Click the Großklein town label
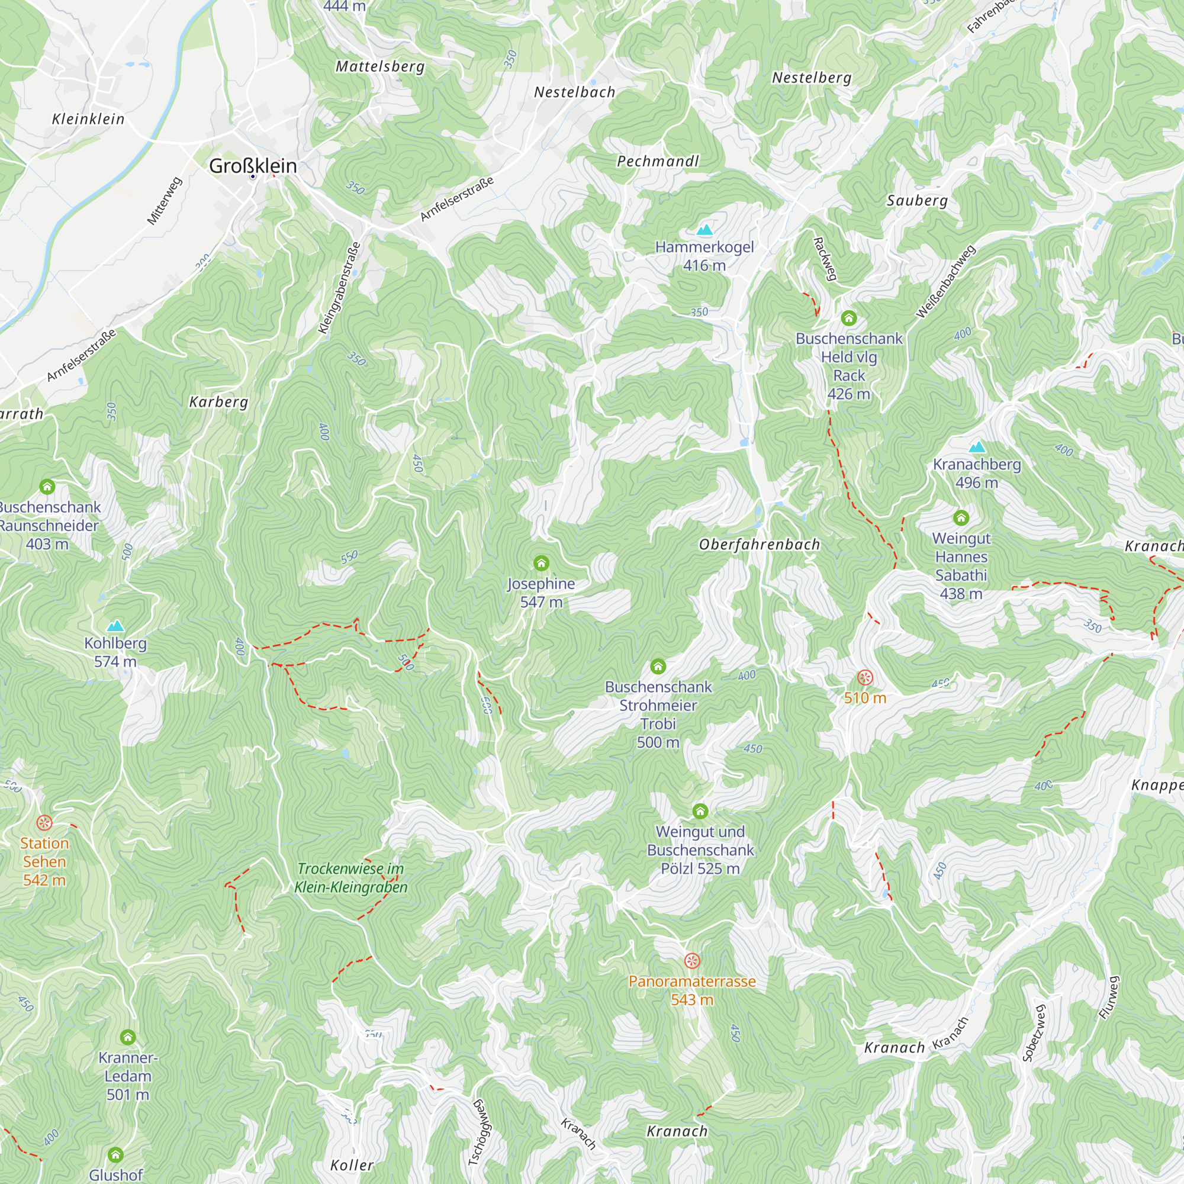click(x=253, y=166)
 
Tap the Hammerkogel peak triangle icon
click(x=704, y=230)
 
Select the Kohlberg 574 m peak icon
click(x=115, y=626)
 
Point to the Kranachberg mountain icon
click(x=977, y=448)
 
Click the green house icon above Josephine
click(x=540, y=562)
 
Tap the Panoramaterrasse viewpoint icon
click(x=692, y=960)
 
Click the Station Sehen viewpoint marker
click(x=44, y=822)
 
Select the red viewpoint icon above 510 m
click(x=865, y=678)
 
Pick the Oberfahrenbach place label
click(x=759, y=544)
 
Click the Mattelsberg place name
click(x=380, y=66)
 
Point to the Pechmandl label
click(x=658, y=161)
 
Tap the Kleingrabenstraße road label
click(x=339, y=288)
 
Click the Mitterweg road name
click(x=164, y=201)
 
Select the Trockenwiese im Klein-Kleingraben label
click(x=351, y=877)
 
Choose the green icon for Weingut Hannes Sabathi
click(x=961, y=518)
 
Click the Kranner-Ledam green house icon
click(x=127, y=1037)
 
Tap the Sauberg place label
click(x=917, y=201)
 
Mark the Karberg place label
click(x=218, y=402)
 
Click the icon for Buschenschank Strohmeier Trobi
click(x=658, y=666)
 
